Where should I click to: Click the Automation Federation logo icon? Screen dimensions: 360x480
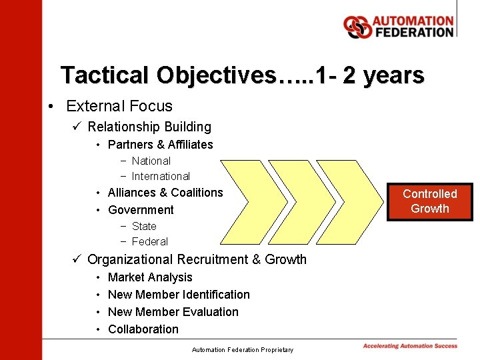(x=357, y=27)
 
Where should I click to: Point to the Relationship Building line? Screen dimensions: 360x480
(x=149, y=127)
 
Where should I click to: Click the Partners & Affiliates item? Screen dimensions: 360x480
(x=160, y=145)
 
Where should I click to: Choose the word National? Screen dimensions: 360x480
(x=151, y=161)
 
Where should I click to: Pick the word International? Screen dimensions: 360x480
(x=161, y=176)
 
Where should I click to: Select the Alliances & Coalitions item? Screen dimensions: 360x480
(x=165, y=193)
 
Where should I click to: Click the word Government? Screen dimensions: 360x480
(x=141, y=210)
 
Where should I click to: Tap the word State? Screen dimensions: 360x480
(x=144, y=226)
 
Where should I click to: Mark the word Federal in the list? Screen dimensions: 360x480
(x=150, y=241)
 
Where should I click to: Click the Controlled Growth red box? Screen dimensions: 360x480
(x=430, y=201)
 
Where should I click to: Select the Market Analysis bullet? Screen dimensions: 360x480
(x=150, y=277)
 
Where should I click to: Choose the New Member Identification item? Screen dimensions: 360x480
(x=179, y=295)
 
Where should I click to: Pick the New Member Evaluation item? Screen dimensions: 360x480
(x=173, y=312)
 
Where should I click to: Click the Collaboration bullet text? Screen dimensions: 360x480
(x=143, y=329)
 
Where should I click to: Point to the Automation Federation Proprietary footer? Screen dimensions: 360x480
(x=242, y=349)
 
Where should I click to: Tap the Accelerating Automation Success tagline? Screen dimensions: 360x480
(x=410, y=346)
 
